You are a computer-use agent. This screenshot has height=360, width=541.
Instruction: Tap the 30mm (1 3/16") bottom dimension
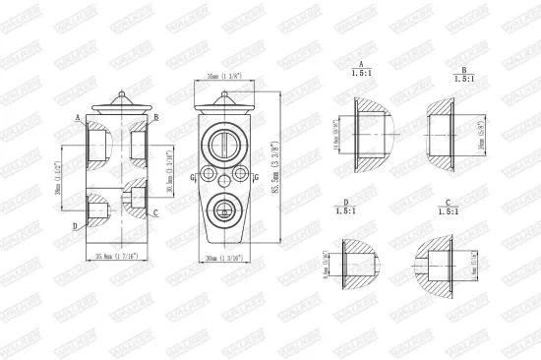(x=226, y=259)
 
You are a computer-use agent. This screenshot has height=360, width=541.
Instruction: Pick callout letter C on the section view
(x=155, y=211)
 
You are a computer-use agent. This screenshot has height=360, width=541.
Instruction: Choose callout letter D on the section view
(x=76, y=225)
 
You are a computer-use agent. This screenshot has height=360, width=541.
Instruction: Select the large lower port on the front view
(x=226, y=209)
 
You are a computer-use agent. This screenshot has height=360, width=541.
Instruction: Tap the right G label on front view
(x=258, y=177)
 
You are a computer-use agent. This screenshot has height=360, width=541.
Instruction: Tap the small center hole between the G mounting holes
(x=226, y=178)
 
